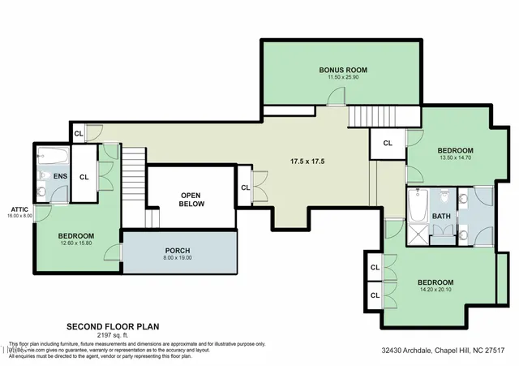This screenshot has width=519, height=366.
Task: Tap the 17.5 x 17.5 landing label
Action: tap(308, 161)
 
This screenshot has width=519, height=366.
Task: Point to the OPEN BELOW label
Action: tap(191, 200)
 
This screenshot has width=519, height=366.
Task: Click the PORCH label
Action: tap(177, 250)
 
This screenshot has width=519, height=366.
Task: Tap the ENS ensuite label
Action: tap(60, 176)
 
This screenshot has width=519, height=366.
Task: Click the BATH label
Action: tap(441, 217)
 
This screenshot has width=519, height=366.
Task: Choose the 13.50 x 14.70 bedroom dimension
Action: tap(455, 159)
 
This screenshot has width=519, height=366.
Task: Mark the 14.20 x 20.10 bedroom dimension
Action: tap(436, 290)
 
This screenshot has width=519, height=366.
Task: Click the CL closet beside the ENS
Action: tap(84, 175)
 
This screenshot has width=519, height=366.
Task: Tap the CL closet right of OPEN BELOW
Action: tap(245, 188)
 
